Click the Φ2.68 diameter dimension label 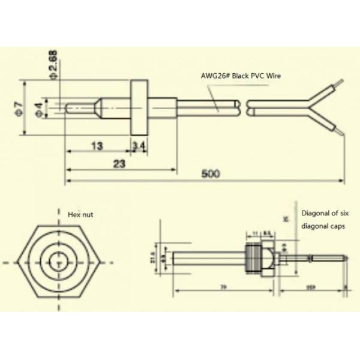click(x=53, y=65)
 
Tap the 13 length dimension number click(x=96, y=146)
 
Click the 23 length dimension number click(x=118, y=163)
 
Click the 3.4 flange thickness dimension click(x=139, y=146)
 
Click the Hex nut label click(x=81, y=213)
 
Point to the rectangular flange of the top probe click(x=139, y=107)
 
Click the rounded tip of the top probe click(x=68, y=109)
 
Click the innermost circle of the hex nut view click(x=58, y=263)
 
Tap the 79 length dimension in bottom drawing click(x=223, y=288)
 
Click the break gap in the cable click(x=244, y=109)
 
